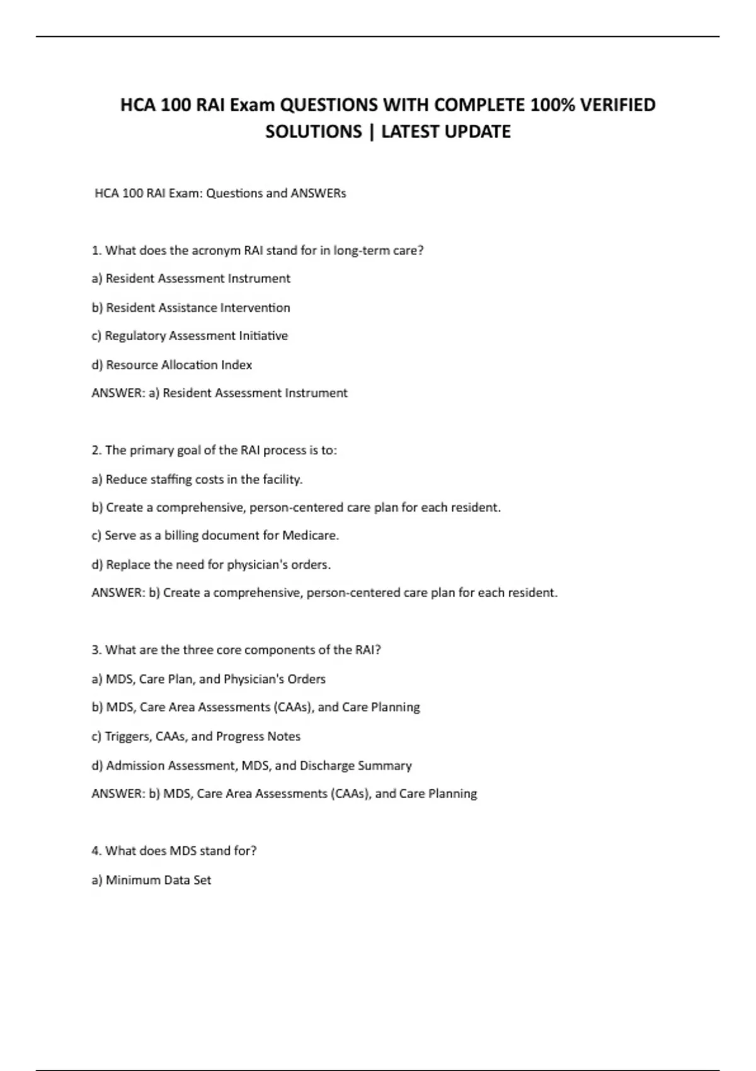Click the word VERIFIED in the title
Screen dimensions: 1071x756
617,105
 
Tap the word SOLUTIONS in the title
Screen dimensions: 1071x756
313,132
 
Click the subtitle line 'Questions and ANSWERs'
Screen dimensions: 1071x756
220,193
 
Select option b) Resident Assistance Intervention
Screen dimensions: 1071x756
191,308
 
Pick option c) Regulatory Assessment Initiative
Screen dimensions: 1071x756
190,336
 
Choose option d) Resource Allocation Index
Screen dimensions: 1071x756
172,365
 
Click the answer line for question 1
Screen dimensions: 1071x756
219,393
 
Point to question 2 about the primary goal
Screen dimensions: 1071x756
214,450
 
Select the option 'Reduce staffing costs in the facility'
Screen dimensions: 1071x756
197,479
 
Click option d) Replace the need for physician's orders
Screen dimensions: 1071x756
211,564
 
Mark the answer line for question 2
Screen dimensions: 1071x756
324,593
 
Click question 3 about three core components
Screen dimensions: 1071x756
236,650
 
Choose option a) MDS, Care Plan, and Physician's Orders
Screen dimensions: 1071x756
209,679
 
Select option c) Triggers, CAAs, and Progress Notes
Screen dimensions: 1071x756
196,736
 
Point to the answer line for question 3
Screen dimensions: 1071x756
284,794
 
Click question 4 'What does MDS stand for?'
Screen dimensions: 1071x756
174,851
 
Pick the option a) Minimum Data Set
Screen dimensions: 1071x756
151,880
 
